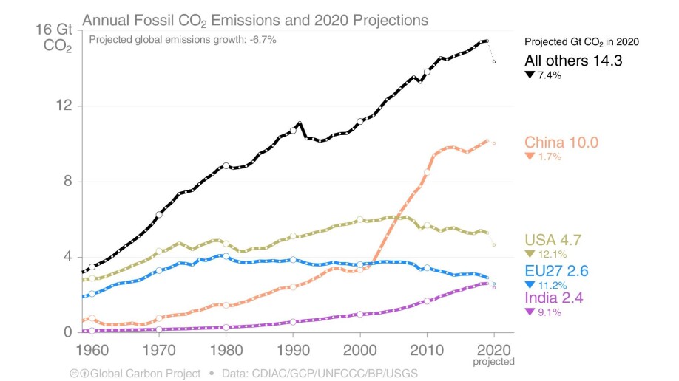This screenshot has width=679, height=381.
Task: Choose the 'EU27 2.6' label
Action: [556, 270]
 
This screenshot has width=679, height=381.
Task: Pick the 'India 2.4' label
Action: [555, 298]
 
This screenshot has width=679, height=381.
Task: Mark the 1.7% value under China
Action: [550, 157]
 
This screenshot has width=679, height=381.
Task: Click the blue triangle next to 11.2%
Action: [529, 284]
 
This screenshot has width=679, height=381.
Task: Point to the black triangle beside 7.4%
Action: [530, 76]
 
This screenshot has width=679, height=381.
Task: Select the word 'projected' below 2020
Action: [493, 361]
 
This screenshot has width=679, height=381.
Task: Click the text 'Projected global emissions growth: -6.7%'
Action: [182, 39]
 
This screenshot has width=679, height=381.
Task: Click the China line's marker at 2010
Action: [427, 172]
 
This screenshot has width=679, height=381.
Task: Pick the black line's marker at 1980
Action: [226, 166]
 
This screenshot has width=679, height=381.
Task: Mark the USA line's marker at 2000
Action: [360, 220]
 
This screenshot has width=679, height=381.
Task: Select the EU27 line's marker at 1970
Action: [159, 270]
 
